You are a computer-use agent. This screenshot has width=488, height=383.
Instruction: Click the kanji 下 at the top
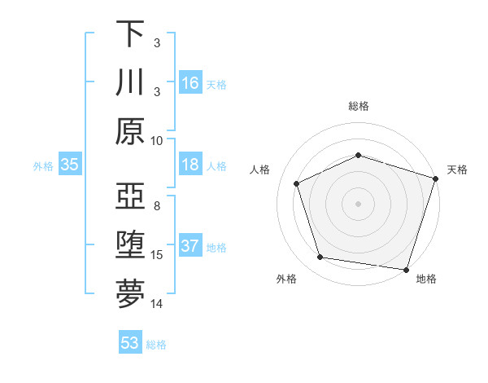130,35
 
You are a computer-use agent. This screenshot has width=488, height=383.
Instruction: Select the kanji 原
130,131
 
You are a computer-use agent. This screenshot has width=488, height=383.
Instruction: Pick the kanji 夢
130,293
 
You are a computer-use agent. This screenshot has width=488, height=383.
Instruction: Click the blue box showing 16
190,83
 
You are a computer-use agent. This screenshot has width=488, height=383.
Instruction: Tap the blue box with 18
190,165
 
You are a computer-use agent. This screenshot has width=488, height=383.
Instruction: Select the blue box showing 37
190,246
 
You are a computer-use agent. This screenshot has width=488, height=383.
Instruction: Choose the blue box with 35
70,165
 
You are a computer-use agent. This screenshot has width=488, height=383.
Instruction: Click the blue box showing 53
130,343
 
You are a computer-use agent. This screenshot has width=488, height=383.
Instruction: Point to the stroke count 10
157,139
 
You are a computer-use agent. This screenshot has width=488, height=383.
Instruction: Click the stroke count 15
157,255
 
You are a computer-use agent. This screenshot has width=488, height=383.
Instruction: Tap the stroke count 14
157,304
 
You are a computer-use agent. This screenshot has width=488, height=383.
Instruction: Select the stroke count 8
157,206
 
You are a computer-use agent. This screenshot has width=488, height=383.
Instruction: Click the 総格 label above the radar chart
359,106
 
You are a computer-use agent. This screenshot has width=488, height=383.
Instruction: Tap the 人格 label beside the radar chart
260,169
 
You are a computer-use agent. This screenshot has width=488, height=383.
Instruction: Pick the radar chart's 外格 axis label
286,279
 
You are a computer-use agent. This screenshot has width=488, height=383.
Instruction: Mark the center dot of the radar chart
359,203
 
